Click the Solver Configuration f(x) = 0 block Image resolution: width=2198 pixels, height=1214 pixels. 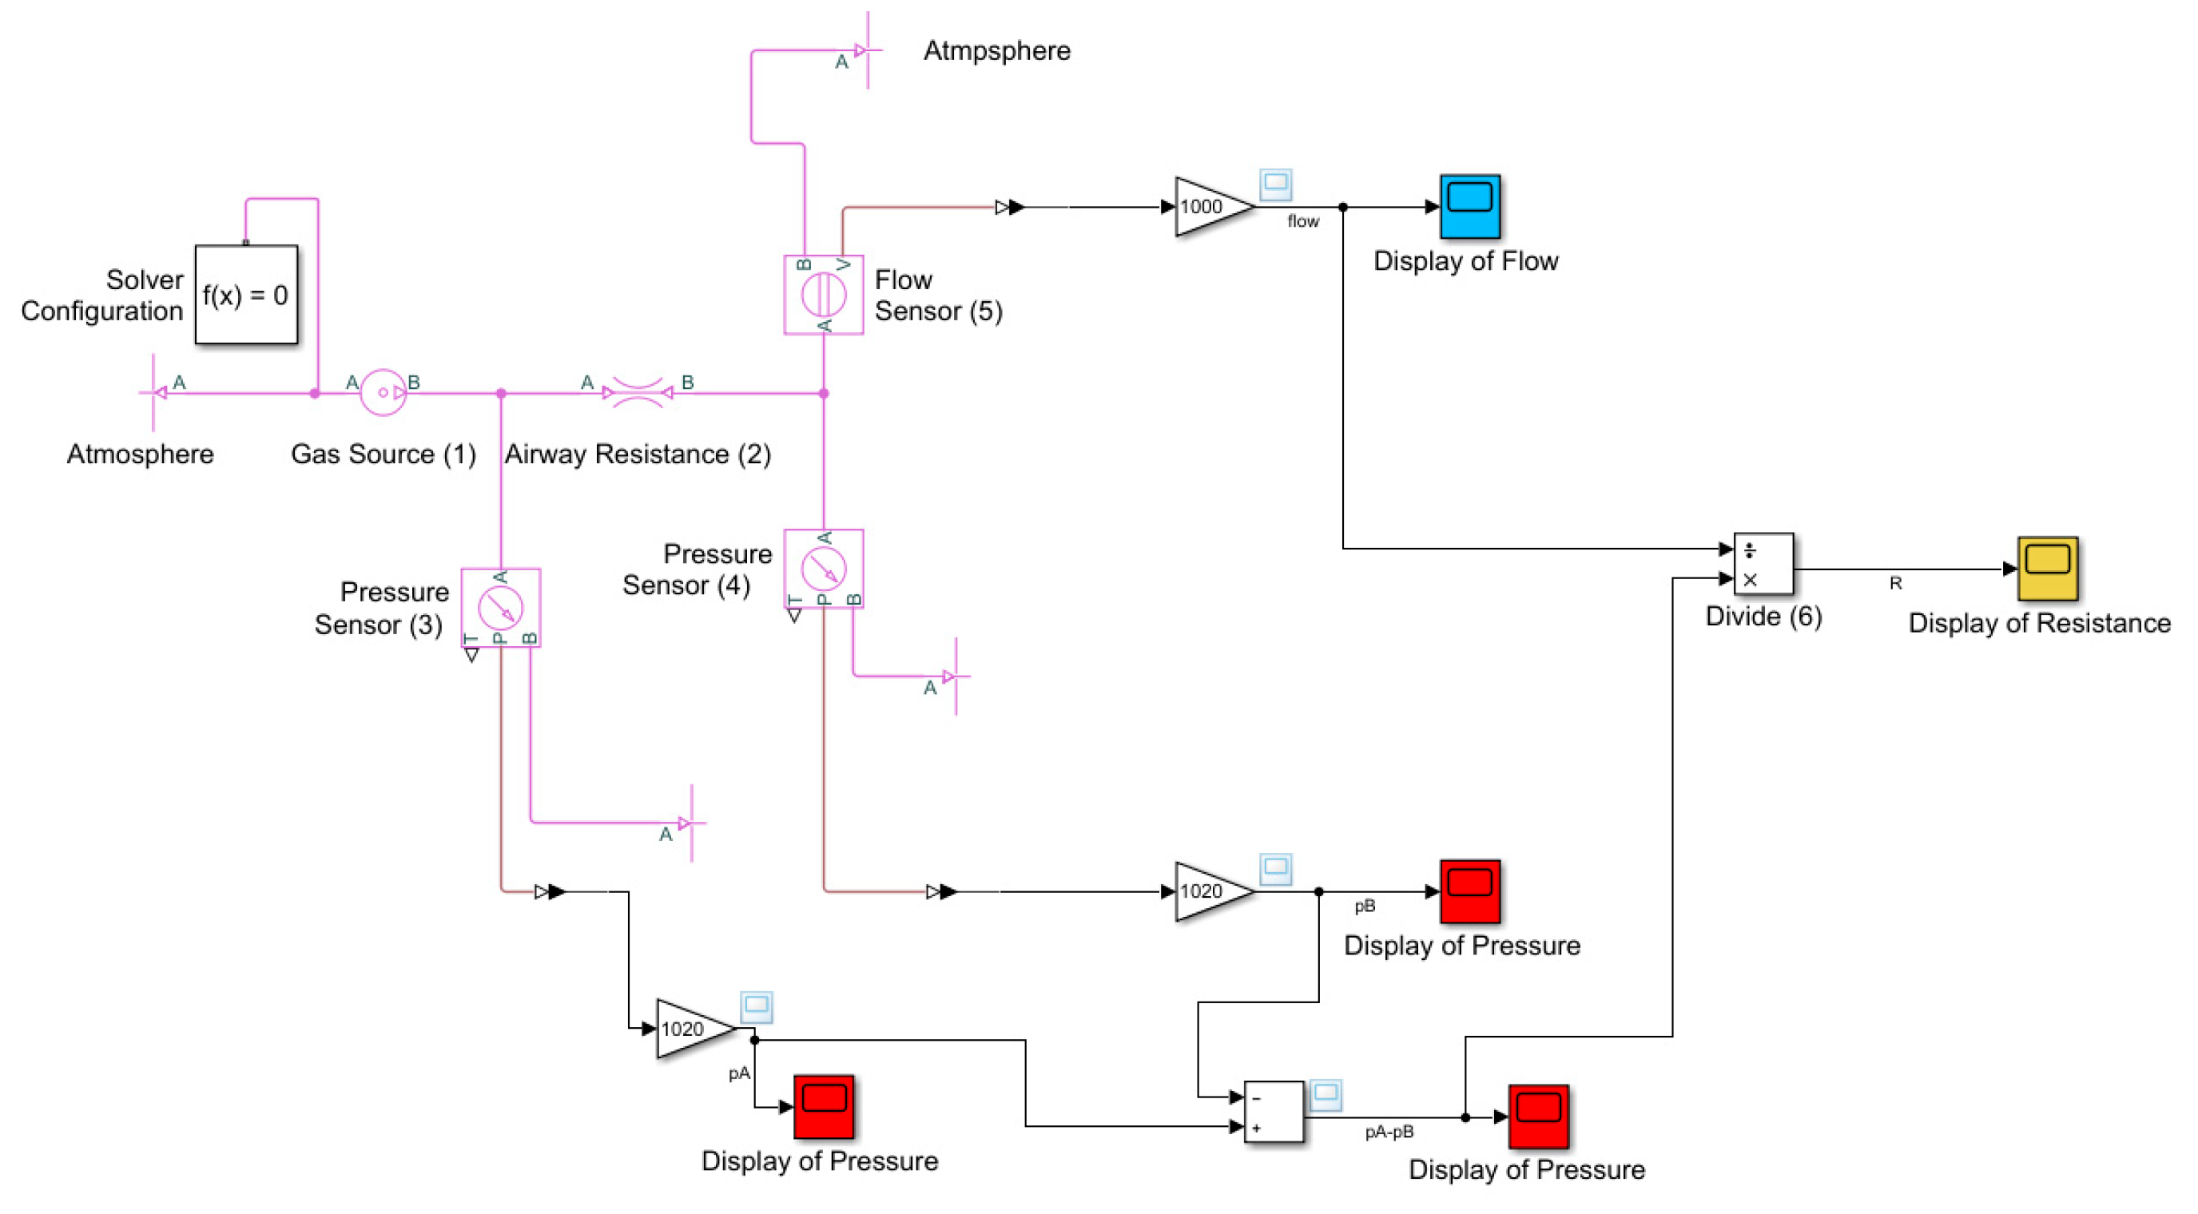pos(246,296)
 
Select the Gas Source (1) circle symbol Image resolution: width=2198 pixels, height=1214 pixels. pos(384,392)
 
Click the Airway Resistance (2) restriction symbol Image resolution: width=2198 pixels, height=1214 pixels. pos(638,393)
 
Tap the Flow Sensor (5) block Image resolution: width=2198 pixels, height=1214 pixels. pos(824,296)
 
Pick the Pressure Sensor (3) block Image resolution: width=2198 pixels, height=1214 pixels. pos(501,608)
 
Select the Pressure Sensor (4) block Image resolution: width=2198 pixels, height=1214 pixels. pos(824,568)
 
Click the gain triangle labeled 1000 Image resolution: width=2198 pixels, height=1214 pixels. pos(1210,206)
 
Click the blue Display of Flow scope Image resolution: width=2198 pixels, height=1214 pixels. pos(1469,206)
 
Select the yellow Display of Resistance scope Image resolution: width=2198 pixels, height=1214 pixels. pos(2046,568)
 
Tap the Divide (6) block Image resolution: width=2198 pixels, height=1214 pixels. pos(1763,564)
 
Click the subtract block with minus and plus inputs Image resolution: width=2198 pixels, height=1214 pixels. pos(1273,1112)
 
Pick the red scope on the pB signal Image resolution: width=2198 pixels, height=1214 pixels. pos(1469,891)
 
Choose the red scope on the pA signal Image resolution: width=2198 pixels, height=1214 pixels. pos(824,1106)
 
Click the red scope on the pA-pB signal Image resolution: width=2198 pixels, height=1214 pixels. pos(1537,1117)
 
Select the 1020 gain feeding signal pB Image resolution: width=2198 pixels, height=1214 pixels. pos(1210,891)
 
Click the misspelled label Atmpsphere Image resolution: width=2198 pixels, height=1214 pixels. pos(996,50)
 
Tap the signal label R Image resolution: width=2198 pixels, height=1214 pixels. pos(1895,584)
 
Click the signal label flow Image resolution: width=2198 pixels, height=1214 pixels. pos(1303,222)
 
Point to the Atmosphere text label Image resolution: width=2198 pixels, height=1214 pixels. pos(140,454)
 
